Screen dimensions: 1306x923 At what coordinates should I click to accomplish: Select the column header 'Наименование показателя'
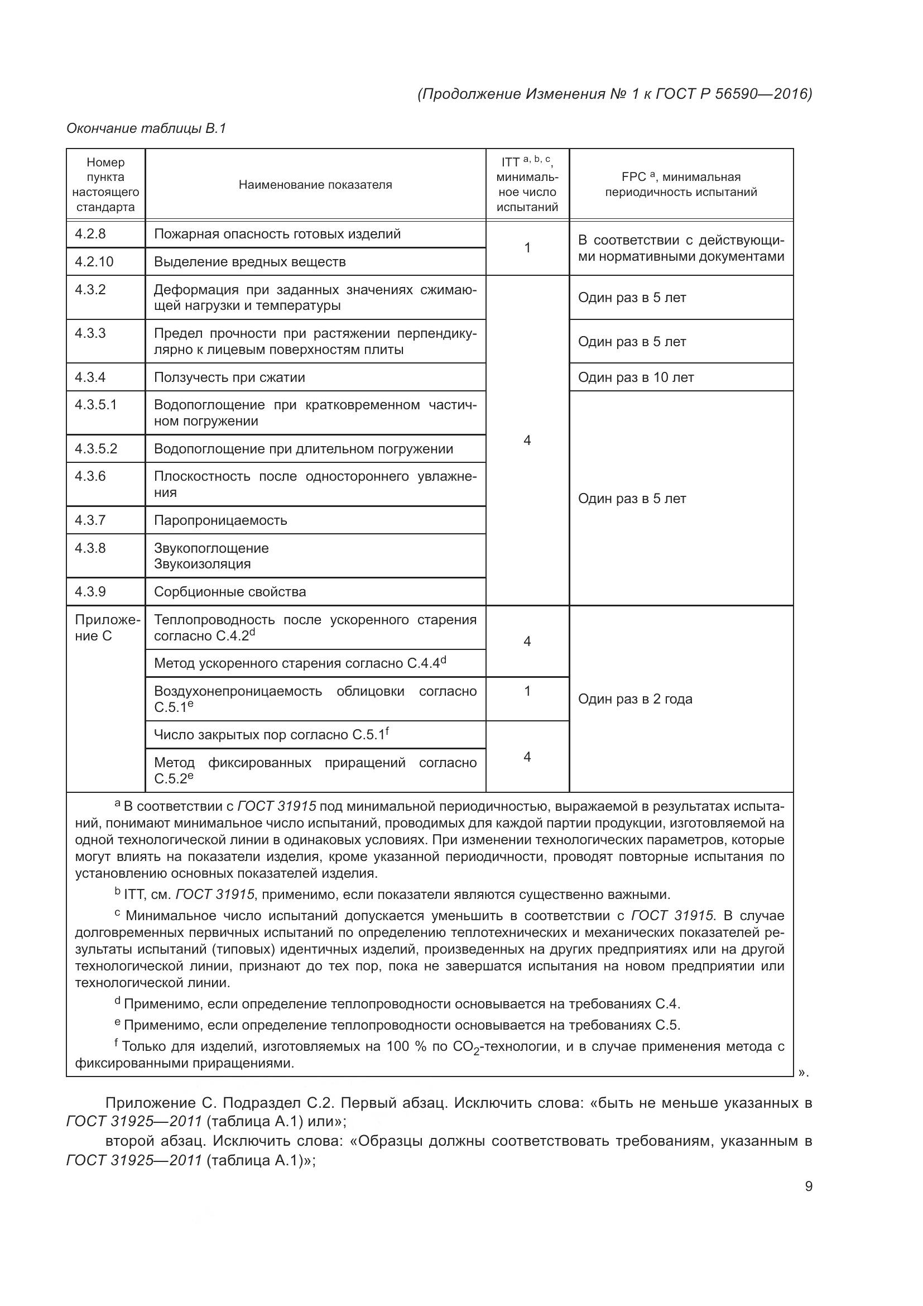pyautogui.click(x=315, y=185)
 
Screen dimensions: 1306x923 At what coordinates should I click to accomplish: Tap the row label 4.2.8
pyautogui.click(x=90, y=234)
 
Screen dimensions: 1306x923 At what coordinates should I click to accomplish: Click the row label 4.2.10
pyautogui.click(x=94, y=262)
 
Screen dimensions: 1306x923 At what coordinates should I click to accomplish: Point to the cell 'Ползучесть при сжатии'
pyautogui.click(x=229, y=377)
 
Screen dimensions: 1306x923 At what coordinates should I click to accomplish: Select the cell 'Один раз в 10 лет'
pyautogui.click(x=636, y=377)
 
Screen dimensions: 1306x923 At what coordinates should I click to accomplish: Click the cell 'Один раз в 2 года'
pyautogui.click(x=635, y=699)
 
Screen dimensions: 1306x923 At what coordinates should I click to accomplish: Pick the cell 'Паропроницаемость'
pyautogui.click(x=220, y=520)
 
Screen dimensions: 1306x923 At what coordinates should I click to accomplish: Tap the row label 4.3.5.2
pyautogui.click(x=96, y=449)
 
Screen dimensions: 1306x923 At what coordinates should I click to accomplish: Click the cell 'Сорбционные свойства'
pyautogui.click(x=229, y=592)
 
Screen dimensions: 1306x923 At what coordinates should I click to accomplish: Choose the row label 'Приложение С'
pyautogui.click(x=106, y=628)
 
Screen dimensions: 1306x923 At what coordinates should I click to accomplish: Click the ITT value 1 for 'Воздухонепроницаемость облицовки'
pyautogui.click(x=527, y=691)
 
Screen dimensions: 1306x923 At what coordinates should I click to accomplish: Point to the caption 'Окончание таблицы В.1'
pyautogui.click(x=146, y=128)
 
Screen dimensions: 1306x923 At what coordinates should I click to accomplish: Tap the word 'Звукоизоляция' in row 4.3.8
pyautogui.click(x=202, y=565)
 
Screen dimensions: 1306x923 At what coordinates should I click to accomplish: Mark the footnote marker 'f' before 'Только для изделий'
pyautogui.click(x=116, y=1042)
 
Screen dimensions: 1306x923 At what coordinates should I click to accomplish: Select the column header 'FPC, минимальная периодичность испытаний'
pyautogui.click(x=680, y=185)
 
